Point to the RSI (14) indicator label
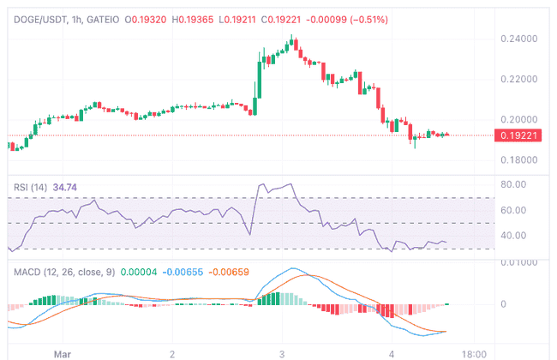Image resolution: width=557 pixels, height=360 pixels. [x=32, y=186]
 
